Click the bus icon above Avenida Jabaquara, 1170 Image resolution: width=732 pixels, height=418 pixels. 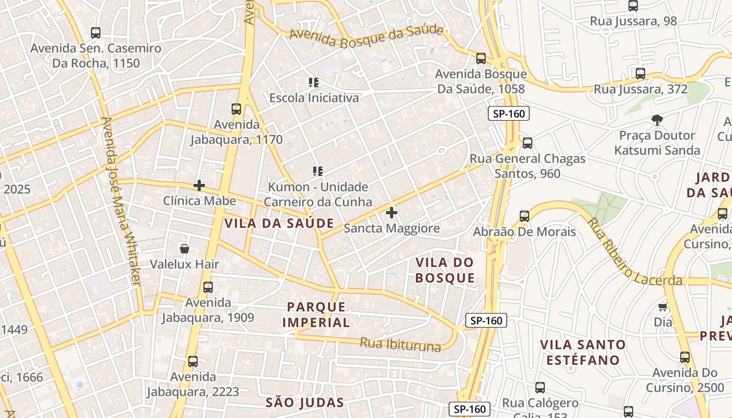(236, 109)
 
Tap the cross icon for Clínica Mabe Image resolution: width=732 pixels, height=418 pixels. (199, 185)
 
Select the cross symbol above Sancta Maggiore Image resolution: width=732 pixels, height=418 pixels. (392, 213)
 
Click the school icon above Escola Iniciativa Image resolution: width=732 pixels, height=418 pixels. (314, 82)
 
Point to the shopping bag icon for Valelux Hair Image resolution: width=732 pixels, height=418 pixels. (184, 249)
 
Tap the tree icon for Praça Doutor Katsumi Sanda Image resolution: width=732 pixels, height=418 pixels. (657, 120)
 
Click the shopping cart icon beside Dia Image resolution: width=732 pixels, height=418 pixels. (663, 307)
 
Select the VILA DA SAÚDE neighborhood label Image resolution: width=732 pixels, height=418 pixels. (279, 223)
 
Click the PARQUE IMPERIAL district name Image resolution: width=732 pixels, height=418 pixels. (316, 315)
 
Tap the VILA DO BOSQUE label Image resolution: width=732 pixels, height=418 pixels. (445, 270)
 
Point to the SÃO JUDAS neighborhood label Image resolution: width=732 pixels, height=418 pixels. (305, 402)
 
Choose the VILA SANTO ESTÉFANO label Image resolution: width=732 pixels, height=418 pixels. (583, 352)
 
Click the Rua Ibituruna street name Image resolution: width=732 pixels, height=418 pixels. (400, 345)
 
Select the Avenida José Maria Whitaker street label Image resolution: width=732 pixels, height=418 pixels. (121, 201)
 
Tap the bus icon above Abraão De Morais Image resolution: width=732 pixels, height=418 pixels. (524, 216)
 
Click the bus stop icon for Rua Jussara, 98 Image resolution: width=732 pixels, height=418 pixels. (633, 6)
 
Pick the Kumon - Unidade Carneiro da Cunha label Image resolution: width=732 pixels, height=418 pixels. (317, 194)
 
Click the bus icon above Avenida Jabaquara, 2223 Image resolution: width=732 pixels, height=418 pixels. (193, 361)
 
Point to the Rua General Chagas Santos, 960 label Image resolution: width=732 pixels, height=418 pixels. (527, 166)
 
